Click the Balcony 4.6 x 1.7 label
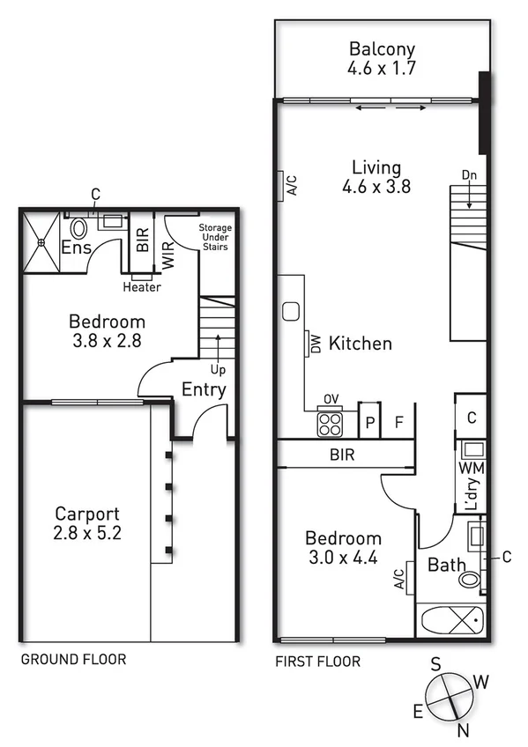382,56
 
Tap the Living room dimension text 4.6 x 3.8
376,186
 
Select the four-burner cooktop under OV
331,425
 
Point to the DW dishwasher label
313,343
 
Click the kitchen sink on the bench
291,311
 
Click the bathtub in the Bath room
450,621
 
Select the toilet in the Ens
78,230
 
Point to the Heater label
142,287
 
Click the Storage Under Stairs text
214,237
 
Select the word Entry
204,389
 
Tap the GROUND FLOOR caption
73,659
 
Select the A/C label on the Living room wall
291,185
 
